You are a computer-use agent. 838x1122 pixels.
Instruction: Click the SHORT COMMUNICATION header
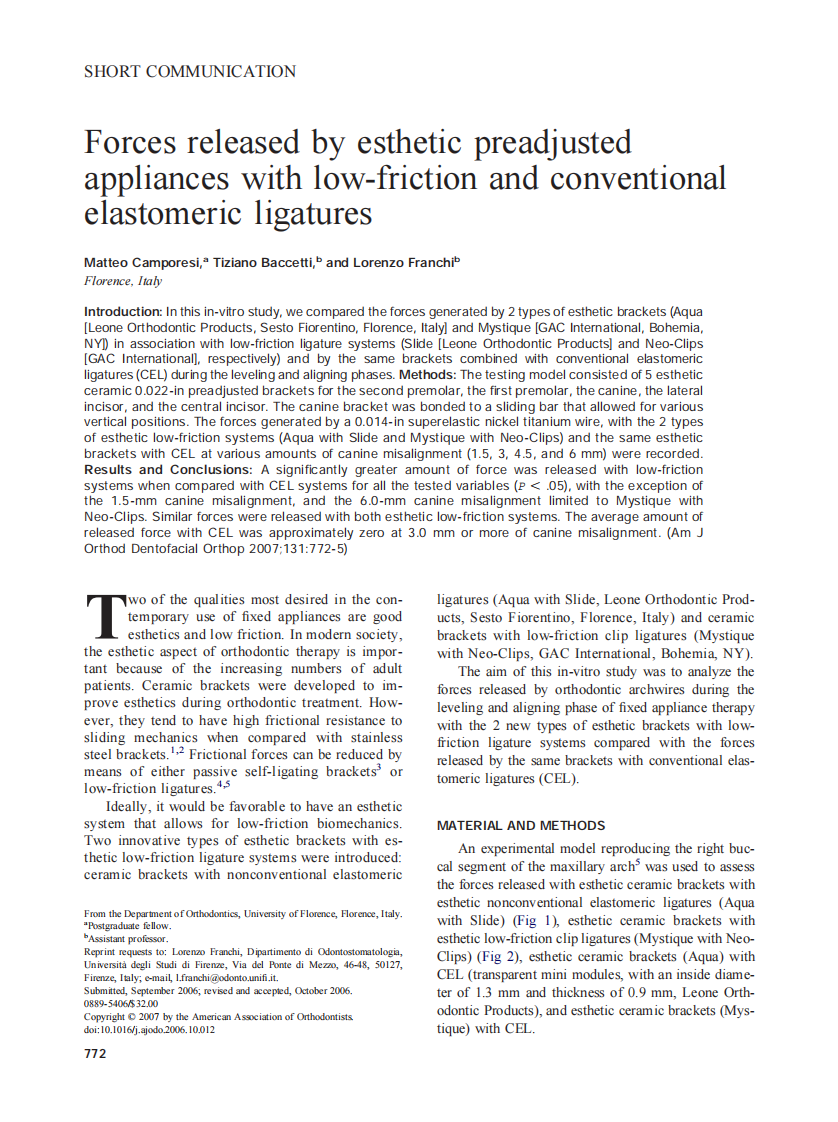190,72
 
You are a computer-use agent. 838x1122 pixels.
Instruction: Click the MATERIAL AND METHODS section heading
521,826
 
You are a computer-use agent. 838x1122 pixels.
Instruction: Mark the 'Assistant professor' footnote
129,939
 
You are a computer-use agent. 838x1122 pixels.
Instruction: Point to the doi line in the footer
149,1029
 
